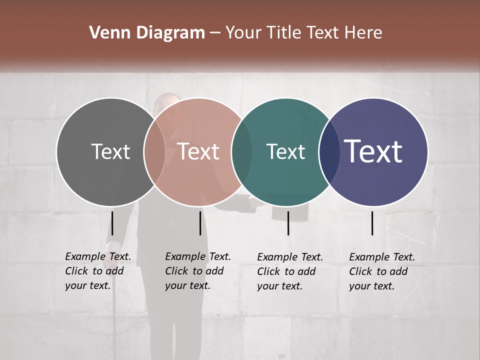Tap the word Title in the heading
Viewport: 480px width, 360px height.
[x=283, y=33]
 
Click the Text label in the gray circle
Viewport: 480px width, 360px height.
[x=110, y=151]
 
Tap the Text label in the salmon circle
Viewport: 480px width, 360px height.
[x=198, y=151]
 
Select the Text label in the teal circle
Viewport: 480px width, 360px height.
[x=285, y=151]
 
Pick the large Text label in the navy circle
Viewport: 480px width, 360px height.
[x=373, y=151]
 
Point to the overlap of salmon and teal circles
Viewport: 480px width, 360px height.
[x=242, y=151]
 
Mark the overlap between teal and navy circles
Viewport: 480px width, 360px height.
[x=328, y=151]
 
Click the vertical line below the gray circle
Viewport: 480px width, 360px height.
[x=112, y=223]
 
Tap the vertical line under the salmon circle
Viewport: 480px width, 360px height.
[x=200, y=223]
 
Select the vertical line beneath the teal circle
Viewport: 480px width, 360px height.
[x=288, y=223]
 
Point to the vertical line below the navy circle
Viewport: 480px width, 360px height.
[x=372, y=223]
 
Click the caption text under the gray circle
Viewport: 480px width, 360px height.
[x=97, y=271]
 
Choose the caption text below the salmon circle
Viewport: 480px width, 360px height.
[x=197, y=271]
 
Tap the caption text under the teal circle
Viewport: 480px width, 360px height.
[x=289, y=271]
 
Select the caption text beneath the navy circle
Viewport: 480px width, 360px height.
[x=381, y=271]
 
